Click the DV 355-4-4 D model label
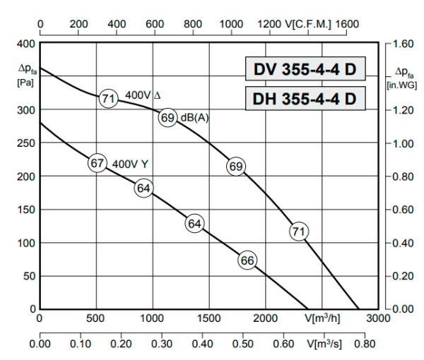tap(305, 70)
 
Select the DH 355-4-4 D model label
tap(305, 100)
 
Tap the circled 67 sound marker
tap(97, 163)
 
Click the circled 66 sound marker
tap(247, 260)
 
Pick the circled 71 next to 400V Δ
tap(107, 99)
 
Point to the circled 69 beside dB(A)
tap(167, 118)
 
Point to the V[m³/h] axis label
tap(323, 318)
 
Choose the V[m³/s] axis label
tap(323, 345)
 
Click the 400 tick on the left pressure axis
tap(25, 43)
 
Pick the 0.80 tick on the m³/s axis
tap(365, 345)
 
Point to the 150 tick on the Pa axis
tap(25, 209)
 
